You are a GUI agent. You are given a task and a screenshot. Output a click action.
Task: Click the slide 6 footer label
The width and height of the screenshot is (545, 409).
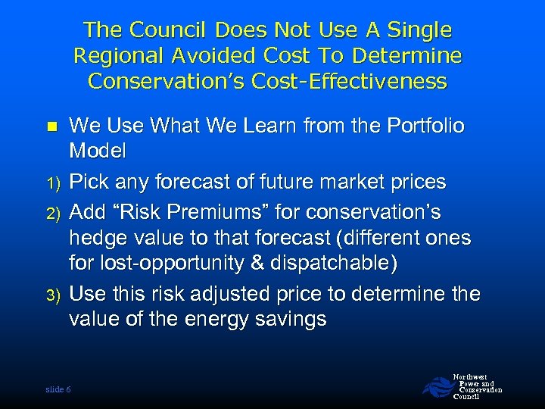tap(58, 389)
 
